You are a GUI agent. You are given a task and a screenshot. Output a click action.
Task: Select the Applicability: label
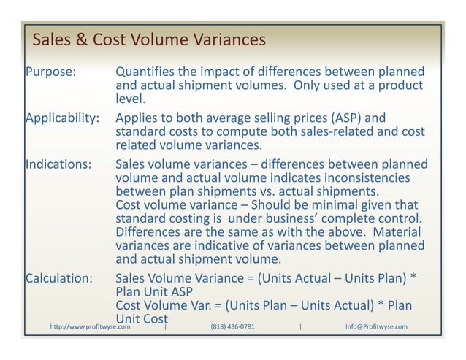click(x=62, y=118)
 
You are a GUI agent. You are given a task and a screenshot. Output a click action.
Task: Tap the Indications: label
click(x=58, y=164)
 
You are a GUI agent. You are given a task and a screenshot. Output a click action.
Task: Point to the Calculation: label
click(x=59, y=279)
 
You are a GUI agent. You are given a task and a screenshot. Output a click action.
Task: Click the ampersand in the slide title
click(x=82, y=37)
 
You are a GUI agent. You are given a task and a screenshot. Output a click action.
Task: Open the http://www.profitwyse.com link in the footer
click(x=90, y=326)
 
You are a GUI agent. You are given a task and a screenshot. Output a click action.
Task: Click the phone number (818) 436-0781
click(x=232, y=326)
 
